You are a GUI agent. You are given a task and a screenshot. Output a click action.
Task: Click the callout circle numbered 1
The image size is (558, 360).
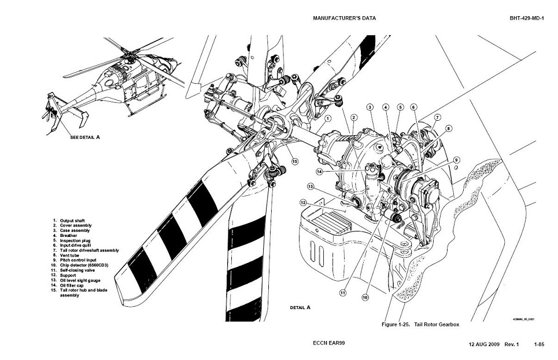click(328, 118)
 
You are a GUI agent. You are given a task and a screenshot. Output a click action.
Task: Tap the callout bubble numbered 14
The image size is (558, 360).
click(319, 172)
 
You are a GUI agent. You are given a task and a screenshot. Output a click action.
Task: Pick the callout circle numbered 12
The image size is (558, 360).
click(303, 202)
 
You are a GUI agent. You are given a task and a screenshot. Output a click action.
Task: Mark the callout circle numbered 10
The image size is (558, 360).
click(365, 298)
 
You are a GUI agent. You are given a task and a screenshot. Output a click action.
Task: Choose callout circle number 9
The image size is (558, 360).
click(456, 159)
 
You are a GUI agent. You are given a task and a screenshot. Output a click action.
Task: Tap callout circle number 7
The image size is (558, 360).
click(438, 117)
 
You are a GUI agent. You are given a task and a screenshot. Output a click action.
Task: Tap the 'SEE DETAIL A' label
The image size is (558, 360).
click(85, 138)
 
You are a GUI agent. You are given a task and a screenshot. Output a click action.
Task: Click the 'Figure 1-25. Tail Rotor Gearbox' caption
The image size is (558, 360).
click(420, 324)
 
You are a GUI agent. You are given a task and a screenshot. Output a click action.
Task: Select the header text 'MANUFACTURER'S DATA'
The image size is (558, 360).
click(344, 18)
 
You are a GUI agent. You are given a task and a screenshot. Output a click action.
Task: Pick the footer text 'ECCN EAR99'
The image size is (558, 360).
click(329, 343)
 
